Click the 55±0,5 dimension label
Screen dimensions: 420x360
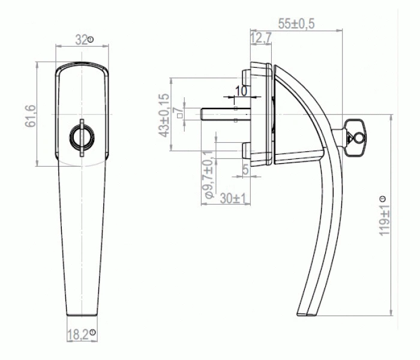[296, 24]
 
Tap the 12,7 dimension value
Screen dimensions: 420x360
[261, 38]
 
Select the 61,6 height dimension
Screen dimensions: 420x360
[30, 116]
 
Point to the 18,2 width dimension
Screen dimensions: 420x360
[77, 335]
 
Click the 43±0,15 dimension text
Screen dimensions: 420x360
[164, 115]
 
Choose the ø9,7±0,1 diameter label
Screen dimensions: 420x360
[209, 175]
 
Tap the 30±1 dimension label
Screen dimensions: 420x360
[233, 199]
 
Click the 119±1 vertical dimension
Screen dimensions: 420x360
[385, 220]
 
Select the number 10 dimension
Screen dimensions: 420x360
[241, 91]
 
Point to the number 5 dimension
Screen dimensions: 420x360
[245, 170]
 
